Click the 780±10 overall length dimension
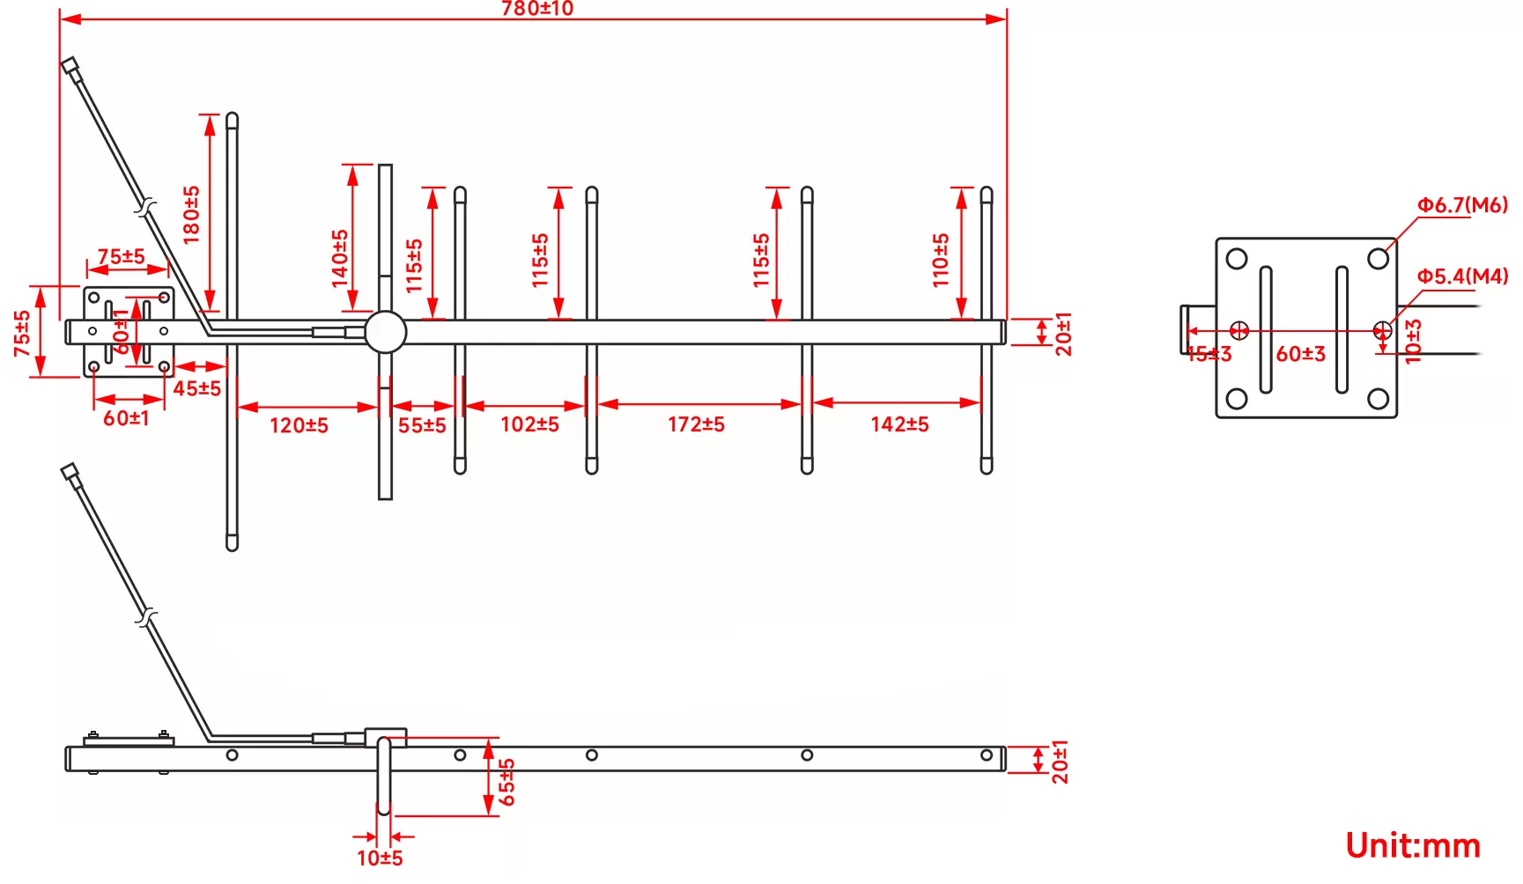(536, 9)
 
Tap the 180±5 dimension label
(191, 214)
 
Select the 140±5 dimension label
(340, 258)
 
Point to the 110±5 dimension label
(941, 260)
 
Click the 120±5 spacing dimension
(299, 426)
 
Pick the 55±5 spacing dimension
(422, 426)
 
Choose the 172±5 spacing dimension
(696, 425)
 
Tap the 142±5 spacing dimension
(899, 425)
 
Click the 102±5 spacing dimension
(529, 425)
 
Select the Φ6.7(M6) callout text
(1462, 205)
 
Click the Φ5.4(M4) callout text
(1462, 276)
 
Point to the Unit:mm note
(1413, 845)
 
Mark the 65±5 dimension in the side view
(507, 782)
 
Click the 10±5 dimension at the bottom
(380, 858)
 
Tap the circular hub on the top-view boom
(385, 332)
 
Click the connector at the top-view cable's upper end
(70, 64)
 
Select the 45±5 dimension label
(197, 388)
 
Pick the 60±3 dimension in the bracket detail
(1300, 354)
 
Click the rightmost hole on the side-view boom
(987, 755)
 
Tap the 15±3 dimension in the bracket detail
(1209, 355)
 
